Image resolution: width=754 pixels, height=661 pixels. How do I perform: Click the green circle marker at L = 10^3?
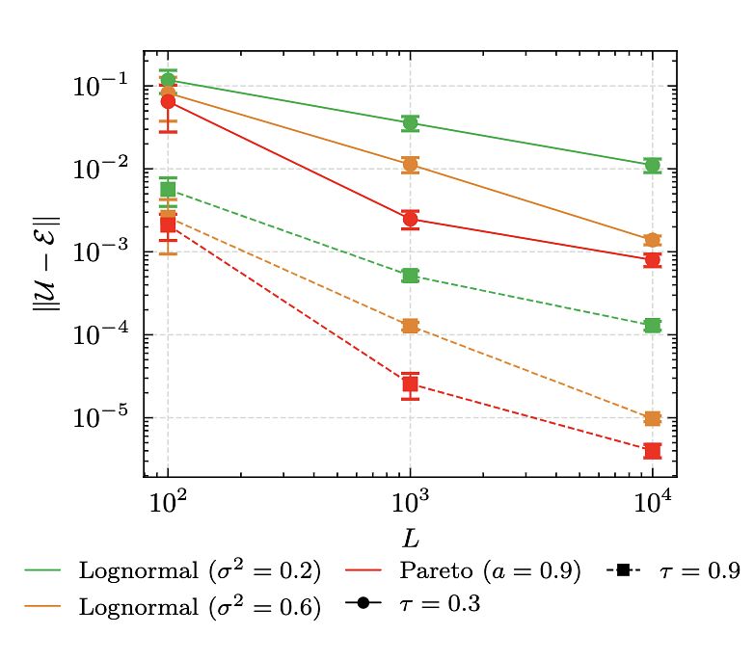411,123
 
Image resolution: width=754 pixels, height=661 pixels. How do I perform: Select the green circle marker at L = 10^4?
653,166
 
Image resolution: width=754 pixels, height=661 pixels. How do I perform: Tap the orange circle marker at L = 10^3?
411,165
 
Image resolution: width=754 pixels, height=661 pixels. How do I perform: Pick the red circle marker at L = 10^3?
411,220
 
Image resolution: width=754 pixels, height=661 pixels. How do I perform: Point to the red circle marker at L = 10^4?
653,260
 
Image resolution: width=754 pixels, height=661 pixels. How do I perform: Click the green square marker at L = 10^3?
411,277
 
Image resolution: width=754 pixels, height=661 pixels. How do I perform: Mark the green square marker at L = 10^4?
653,326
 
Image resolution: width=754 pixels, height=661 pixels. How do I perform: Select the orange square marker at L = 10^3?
411,327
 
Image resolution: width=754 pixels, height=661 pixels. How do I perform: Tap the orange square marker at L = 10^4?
653,419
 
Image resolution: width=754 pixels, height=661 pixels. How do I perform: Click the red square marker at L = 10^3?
411,384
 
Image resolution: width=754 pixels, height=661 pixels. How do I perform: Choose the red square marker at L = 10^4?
653,451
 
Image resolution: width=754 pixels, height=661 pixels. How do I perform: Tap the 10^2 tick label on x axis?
168,501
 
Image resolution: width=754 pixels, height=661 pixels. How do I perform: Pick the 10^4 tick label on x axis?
653,501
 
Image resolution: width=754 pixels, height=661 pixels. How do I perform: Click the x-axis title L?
410,534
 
